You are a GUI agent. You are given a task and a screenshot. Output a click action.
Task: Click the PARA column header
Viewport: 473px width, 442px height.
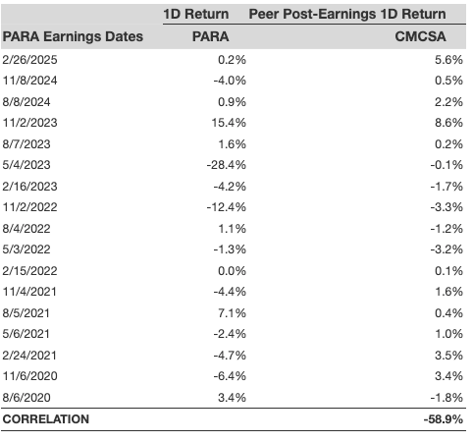(x=210, y=36)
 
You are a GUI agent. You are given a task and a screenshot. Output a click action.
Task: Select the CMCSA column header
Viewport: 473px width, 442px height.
(x=420, y=36)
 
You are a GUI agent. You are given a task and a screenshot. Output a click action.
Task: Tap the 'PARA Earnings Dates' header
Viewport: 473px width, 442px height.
(x=73, y=36)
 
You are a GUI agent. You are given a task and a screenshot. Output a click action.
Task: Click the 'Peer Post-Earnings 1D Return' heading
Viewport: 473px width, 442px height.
(x=347, y=14)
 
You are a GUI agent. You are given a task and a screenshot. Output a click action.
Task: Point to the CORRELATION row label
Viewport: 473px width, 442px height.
(x=46, y=419)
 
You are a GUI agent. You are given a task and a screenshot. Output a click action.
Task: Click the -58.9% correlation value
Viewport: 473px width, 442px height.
(x=444, y=419)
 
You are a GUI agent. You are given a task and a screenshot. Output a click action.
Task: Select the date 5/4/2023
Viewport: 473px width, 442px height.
(x=26, y=165)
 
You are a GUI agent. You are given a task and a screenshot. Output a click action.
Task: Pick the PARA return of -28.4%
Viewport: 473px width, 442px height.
(x=227, y=165)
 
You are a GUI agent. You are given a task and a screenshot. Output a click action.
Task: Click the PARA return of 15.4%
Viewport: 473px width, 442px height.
(x=229, y=123)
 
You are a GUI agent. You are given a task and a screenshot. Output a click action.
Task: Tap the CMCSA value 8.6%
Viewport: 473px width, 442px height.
(x=448, y=123)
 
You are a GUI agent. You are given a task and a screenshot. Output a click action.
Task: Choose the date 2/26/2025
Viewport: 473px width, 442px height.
(x=29, y=60)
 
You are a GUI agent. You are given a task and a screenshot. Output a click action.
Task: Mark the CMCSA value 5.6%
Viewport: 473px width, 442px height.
(x=448, y=60)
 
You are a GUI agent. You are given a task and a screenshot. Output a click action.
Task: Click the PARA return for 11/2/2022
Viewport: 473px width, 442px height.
(x=227, y=207)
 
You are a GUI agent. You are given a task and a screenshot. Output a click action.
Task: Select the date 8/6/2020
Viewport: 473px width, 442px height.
(x=26, y=398)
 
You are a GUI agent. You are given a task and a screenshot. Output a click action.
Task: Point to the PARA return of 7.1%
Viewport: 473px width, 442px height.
(x=233, y=313)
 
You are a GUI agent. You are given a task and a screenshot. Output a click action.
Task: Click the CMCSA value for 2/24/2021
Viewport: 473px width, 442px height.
(x=448, y=356)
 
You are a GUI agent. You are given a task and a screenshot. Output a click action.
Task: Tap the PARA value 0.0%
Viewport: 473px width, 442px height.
(x=232, y=271)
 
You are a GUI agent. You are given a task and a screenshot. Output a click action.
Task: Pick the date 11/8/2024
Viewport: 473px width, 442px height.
(x=29, y=81)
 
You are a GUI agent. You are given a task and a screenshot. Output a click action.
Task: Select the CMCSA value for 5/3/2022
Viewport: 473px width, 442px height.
(x=447, y=249)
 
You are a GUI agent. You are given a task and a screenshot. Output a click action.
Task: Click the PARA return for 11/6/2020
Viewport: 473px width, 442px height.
(x=230, y=376)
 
